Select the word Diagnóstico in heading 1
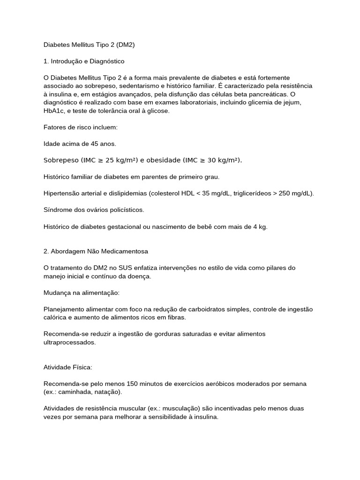click(x=107, y=61)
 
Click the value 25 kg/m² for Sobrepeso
click(x=121, y=160)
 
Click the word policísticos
click(x=122, y=210)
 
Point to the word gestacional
click(x=134, y=226)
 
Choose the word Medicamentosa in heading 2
click(x=125, y=251)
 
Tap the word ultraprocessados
click(x=69, y=342)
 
